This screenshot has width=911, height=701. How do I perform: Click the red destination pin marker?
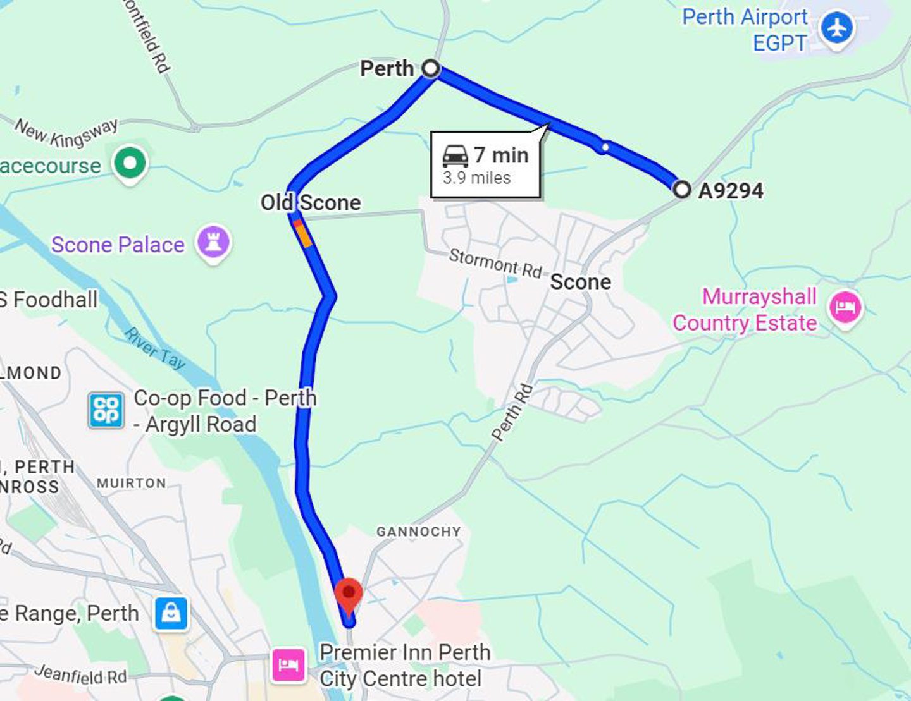pyautogui.click(x=348, y=595)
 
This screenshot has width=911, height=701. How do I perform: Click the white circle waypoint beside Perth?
pyautogui.click(x=431, y=68)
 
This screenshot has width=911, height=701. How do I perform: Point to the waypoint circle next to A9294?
pyautogui.click(x=681, y=189)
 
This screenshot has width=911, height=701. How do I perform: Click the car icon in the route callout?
pyautogui.click(x=455, y=155)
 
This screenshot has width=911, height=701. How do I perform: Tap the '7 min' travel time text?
pyautogui.click(x=501, y=155)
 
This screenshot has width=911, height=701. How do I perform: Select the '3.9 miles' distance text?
pyautogui.click(x=476, y=178)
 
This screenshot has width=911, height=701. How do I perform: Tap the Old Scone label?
pyautogui.click(x=311, y=203)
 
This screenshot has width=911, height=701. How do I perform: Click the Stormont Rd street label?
pyautogui.click(x=495, y=264)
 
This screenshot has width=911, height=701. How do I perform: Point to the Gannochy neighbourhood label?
pyautogui.click(x=418, y=532)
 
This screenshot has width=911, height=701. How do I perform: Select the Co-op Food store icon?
pyautogui.click(x=106, y=410)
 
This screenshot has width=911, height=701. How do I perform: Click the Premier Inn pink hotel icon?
pyautogui.click(x=288, y=665)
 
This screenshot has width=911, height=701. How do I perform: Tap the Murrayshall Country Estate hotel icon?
pyautogui.click(x=845, y=308)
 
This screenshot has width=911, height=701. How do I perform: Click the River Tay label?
pyautogui.click(x=155, y=348)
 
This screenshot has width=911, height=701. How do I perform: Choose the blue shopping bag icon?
pyautogui.click(x=171, y=613)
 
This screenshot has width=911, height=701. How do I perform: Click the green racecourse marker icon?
pyautogui.click(x=130, y=163)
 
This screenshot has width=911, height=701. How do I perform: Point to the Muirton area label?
pyautogui.click(x=132, y=484)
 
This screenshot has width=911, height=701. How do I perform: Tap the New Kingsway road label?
pyautogui.click(x=66, y=133)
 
